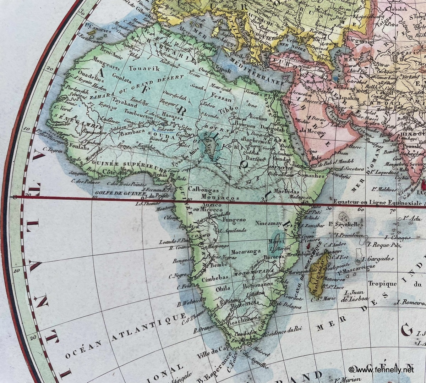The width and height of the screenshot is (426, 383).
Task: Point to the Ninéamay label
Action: coord(268,223)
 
